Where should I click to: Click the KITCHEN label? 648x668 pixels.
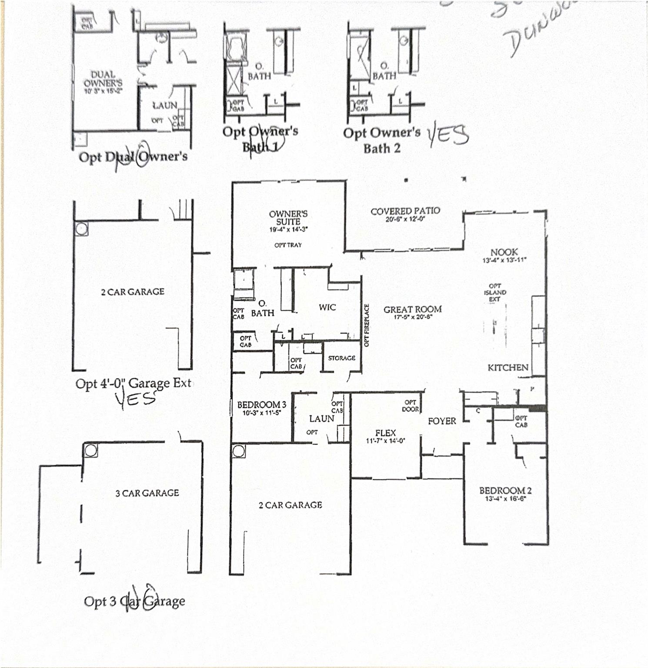(x=508, y=367)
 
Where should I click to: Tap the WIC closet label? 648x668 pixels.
(x=327, y=307)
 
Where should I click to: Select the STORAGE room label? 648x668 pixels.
(x=341, y=358)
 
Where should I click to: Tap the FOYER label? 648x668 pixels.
(x=442, y=421)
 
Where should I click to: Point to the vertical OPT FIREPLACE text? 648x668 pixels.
(x=366, y=325)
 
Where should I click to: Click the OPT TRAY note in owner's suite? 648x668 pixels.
(x=288, y=245)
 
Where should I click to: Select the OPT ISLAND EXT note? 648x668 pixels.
(x=495, y=293)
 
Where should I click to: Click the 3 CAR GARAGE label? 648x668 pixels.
(x=147, y=493)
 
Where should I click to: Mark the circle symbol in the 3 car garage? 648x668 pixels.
(x=90, y=451)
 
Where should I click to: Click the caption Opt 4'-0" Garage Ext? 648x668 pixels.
(x=134, y=383)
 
